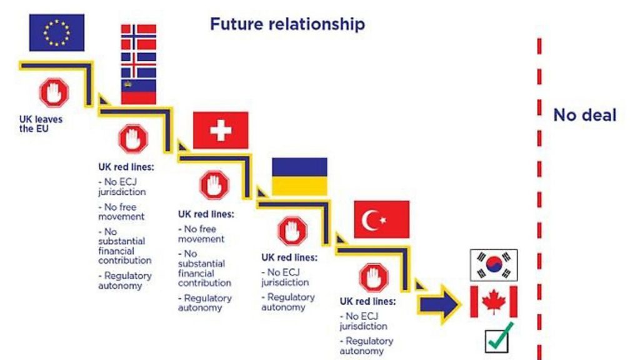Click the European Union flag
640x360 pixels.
tap(57, 32)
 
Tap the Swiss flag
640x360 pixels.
tap(221, 130)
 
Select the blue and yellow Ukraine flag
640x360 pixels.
tap(299, 177)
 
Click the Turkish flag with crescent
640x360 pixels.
tap(382, 219)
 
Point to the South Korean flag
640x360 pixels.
tap(494, 265)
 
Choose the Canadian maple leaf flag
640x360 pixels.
tap(494, 302)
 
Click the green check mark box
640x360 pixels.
tap(499, 338)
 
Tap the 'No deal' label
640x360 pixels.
tap(584, 115)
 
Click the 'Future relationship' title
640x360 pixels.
tap(287, 24)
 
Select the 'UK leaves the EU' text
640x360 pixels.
tap(41, 124)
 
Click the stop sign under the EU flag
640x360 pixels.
tap(54, 92)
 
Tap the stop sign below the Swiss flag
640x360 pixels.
tap(214, 185)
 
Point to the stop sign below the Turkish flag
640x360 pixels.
tap(374, 277)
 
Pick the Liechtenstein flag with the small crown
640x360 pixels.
tap(138, 91)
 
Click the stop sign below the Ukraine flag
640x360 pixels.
tap(292, 231)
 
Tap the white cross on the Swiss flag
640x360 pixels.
tap(221, 131)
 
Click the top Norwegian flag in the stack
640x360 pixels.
tap(138, 37)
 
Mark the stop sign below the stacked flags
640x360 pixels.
tap(133, 139)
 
